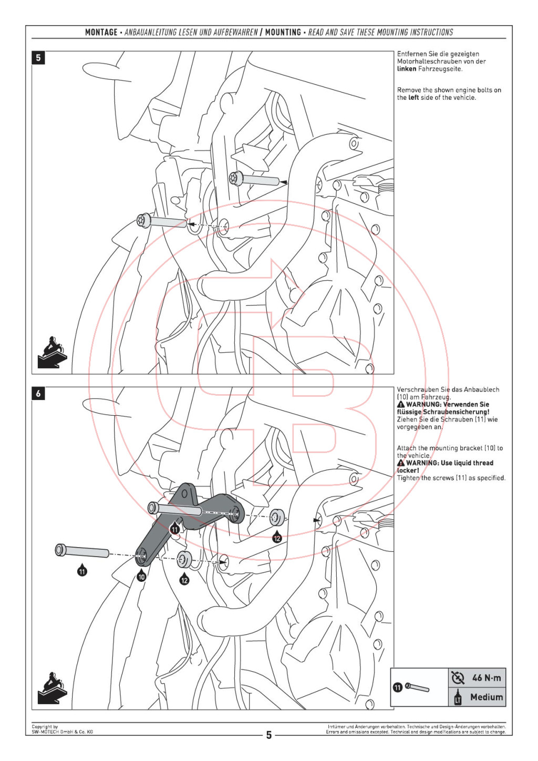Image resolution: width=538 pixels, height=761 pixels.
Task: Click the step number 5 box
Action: [38, 58]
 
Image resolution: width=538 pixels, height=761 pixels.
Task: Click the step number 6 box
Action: [38, 394]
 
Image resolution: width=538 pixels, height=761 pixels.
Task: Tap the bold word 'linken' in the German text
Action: [406, 69]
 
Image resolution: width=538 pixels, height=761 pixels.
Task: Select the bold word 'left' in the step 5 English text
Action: [413, 98]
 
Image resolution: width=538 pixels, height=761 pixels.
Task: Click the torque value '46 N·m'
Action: [486, 678]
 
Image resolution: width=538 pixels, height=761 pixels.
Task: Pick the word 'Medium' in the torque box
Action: [487, 697]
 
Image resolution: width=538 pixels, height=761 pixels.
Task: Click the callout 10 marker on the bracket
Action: [141, 577]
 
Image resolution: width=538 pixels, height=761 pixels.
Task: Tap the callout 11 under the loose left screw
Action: [82, 571]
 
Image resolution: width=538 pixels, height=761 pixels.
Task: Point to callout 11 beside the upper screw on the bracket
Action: [174, 529]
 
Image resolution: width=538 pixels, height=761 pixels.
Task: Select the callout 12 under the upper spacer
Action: [277, 538]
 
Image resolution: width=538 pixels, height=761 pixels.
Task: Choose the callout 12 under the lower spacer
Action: [184, 580]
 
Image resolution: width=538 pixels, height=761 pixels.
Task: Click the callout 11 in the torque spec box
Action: [398, 687]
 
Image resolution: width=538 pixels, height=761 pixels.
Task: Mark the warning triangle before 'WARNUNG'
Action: [401, 405]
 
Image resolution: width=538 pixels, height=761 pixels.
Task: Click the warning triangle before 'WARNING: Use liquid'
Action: [401, 464]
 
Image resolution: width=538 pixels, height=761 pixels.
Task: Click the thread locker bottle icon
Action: [458, 697]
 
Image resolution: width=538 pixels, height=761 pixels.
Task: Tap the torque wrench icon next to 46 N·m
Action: [458, 678]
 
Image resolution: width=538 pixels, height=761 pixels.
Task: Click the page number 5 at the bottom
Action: [269, 735]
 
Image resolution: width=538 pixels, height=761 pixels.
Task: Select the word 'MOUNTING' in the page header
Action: [283, 33]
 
